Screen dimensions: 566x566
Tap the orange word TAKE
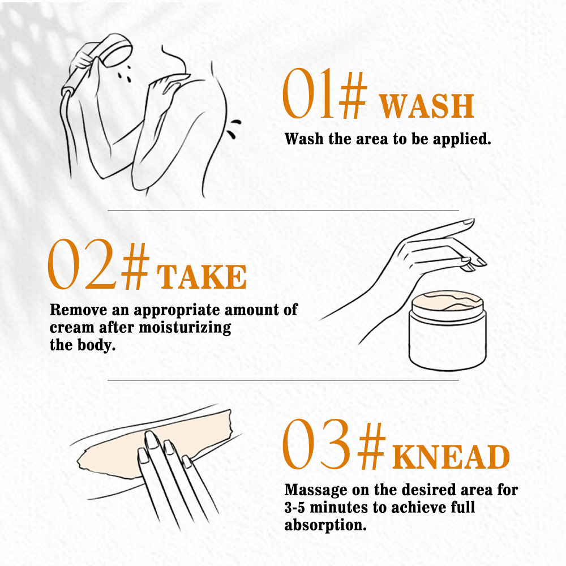pyautogui.click(x=202, y=277)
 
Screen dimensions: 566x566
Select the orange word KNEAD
pyautogui.click(x=451, y=456)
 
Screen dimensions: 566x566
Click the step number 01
pyautogui.click(x=308, y=93)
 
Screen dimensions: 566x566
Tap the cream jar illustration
pyautogui.click(x=448, y=331)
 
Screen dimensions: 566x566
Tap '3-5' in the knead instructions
pyautogui.click(x=294, y=508)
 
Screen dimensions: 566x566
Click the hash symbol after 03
pyautogui.click(x=371, y=446)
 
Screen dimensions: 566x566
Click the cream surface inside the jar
pyautogui.click(x=448, y=302)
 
